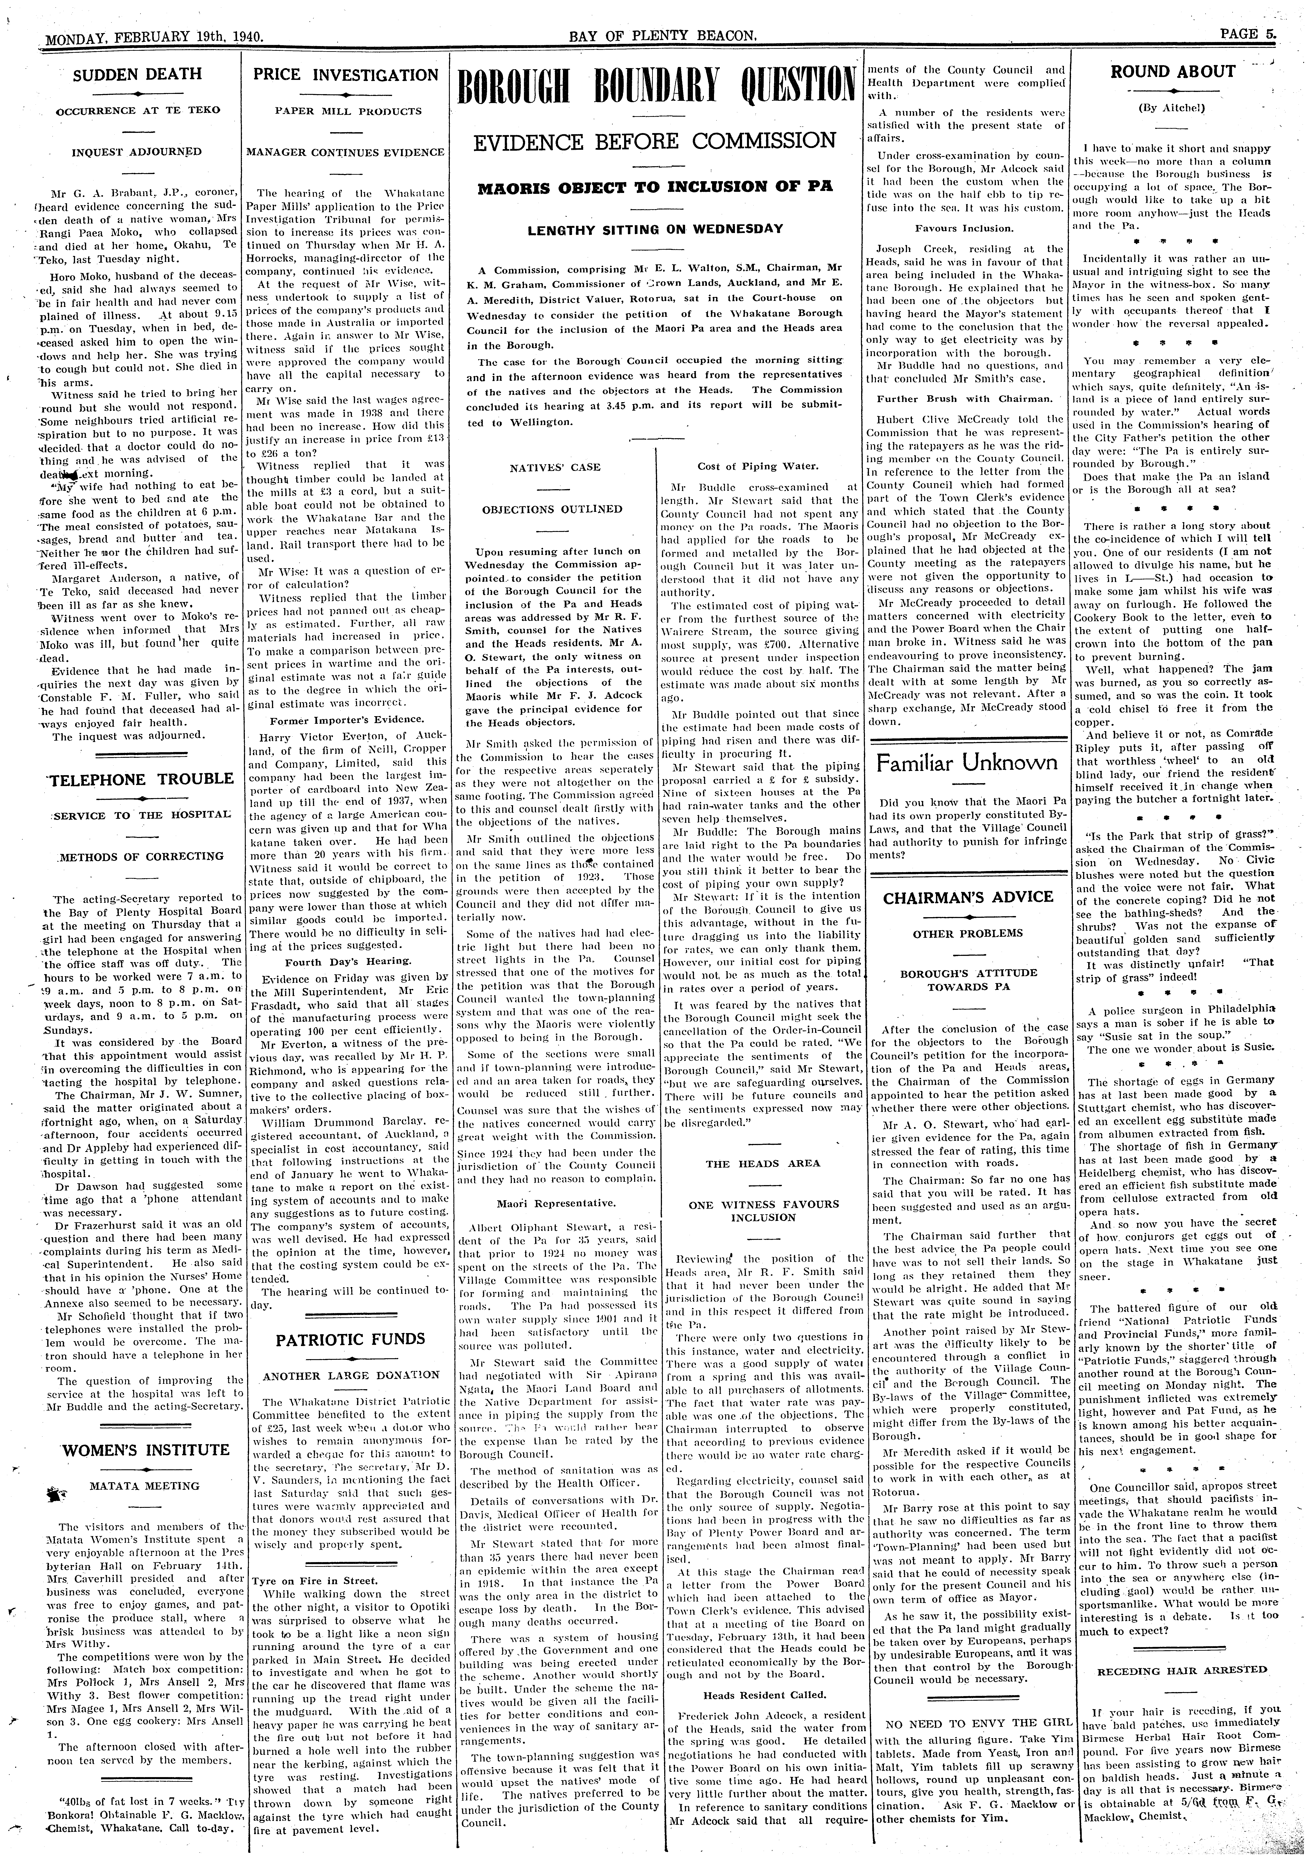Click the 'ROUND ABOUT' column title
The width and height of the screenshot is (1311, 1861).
pyautogui.click(x=1172, y=71)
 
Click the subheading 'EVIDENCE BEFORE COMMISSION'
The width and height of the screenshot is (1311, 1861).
pyautogui.click(x=655, y=140)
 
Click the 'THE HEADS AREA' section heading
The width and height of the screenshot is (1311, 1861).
pyautogui.click(x=763, y=1164)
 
